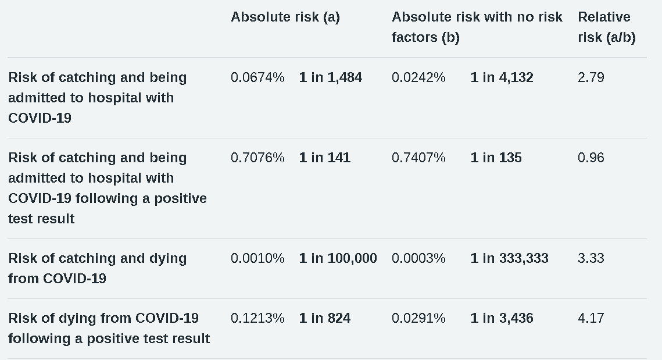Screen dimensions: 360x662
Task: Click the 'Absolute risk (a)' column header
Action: (285, 17)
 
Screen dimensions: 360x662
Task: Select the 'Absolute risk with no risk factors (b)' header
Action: (477, 27)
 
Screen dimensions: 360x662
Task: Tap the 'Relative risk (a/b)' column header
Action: (606, 27)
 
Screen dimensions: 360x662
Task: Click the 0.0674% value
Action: (257, 77)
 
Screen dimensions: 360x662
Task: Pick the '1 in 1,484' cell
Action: (330, 77)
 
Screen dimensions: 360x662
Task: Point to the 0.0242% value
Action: (418, 77)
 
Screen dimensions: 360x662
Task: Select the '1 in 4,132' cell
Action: (502, 77)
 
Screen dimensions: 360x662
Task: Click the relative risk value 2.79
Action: (591, 77)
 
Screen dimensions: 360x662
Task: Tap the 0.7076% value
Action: (257, 158)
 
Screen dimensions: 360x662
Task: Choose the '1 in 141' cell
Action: (324, 158)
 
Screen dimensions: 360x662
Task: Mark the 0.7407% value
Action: (418, 158)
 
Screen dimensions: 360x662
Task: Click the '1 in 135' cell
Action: (496, 158)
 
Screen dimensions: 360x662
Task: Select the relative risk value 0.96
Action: (591, 158)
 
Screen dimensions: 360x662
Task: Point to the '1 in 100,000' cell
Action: (338, 258)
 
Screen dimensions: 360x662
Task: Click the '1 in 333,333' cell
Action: (509, 258)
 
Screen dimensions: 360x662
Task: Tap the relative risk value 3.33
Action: (591, 258)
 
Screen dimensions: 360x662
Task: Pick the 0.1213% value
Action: (257, 318)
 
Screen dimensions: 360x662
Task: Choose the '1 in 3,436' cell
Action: (502, 318)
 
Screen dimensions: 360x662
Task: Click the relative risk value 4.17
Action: (591, 318)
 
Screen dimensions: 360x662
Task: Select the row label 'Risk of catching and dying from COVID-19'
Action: (97, 268)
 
